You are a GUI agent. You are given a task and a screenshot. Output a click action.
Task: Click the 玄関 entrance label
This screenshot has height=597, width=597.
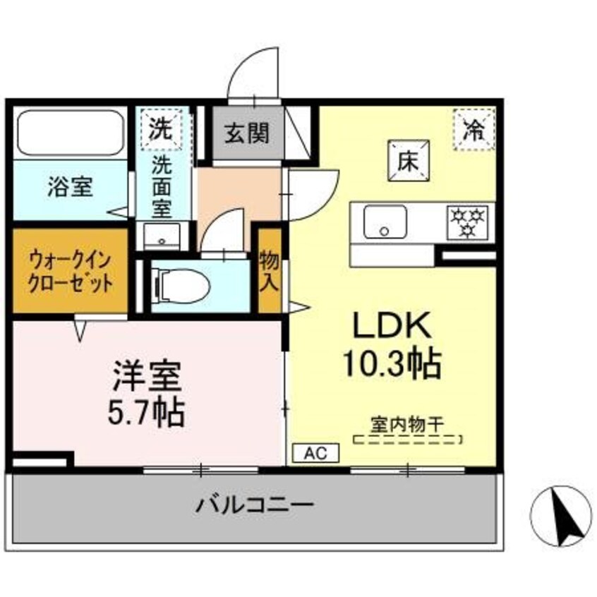[247, 133]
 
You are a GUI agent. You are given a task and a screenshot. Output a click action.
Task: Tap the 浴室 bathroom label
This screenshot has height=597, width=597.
[69, 189]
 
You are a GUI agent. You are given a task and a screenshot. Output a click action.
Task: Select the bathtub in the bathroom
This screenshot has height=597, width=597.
[69, 132]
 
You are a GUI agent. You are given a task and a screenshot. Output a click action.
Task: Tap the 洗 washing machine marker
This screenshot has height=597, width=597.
[163, 128]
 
